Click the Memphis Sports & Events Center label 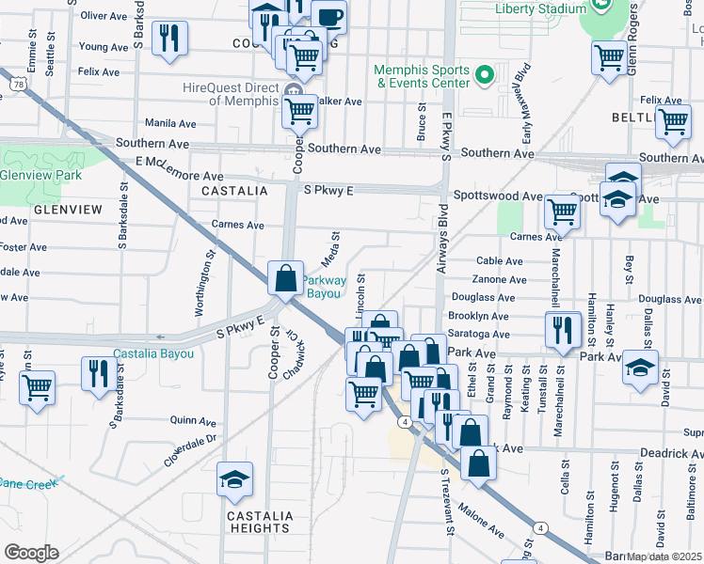point(422,76)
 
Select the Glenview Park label point(41,175)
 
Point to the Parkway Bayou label point(324,287)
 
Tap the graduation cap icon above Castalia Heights point(234,480)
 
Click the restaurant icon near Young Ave point(169,39)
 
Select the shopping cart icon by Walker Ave point(299,112)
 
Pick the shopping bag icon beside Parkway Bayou point(285,278)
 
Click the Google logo point(31,552)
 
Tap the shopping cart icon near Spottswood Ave point(562,212)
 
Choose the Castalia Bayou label point(153,354)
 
